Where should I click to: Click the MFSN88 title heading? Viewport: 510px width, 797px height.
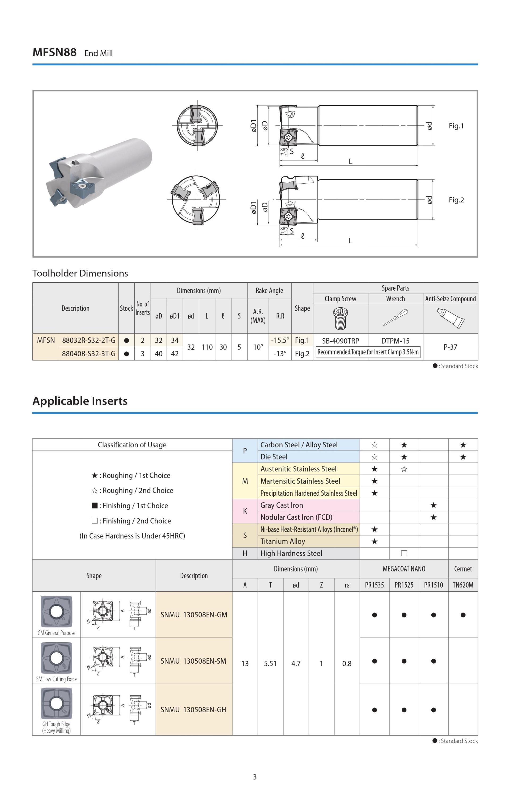pos(55,52)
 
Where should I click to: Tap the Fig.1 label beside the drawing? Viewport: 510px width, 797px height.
pos(456,126)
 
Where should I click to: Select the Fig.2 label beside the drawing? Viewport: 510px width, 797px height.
pos(456,200)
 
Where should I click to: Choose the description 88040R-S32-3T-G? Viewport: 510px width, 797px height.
pos(89,354)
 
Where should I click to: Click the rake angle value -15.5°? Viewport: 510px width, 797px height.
pos(280,340)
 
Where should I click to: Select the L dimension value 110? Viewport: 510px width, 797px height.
pos(207,347)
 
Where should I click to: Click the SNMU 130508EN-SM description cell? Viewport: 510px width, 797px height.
pos(194,661)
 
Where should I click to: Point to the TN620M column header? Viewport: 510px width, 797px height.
pos(463,585)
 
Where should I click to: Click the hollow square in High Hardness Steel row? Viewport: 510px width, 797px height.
pos(404,553)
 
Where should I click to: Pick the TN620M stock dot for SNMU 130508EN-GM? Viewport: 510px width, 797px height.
pos(463,615)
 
